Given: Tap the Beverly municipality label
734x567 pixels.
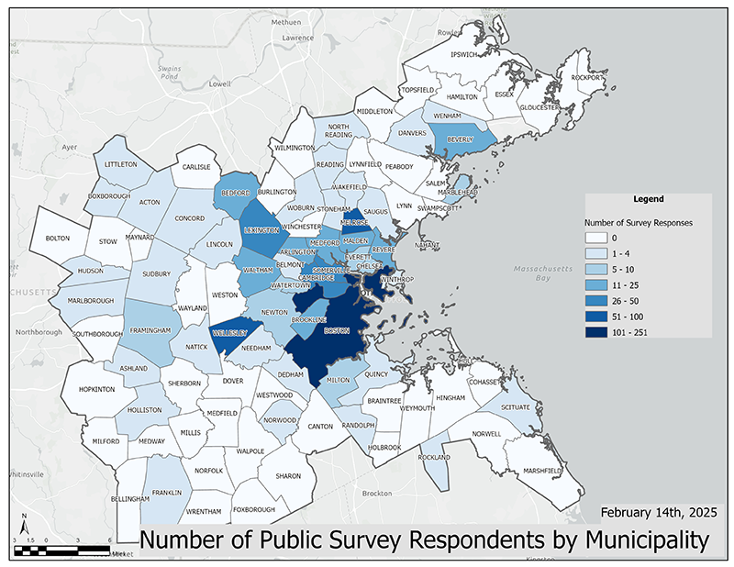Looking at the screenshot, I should point(461,139).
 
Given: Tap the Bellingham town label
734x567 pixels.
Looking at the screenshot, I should point(128,499).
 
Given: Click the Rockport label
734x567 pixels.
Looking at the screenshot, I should point(587,78).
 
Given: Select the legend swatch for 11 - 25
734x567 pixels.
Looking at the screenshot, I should point(599,284).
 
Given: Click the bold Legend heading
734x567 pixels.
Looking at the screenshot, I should point(649,199).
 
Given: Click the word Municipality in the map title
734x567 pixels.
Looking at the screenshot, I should point(627,540).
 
